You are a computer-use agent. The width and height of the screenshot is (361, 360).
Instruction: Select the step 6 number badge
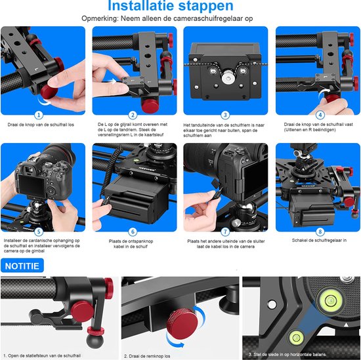click(x=133, y=231)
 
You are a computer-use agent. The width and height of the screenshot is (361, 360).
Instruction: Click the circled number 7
click(x=224, y=231)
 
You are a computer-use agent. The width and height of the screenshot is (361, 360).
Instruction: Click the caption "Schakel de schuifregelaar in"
click(x=316, y=241)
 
